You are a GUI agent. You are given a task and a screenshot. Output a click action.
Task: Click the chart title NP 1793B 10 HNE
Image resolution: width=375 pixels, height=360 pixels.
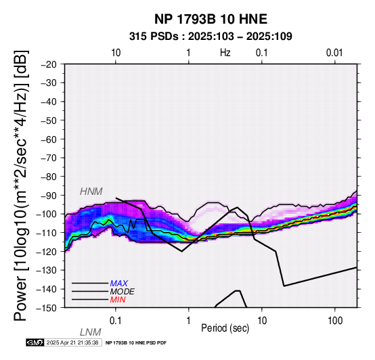click(211, 19)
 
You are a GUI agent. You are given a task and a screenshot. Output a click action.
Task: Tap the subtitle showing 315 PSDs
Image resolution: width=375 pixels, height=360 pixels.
click(211, 37)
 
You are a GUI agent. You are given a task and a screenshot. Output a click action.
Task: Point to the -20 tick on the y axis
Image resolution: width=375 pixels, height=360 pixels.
click(49, 64)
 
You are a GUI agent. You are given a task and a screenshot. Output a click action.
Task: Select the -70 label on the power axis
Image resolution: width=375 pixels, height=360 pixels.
click(49, 158)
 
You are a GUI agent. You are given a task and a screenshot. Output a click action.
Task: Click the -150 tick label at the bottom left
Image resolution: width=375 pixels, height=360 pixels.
click(47, 308)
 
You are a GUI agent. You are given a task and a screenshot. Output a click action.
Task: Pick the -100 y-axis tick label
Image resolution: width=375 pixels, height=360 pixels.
click(47, 214)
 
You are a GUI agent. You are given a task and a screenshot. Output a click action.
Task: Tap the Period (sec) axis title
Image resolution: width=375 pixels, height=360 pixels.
click(225, 328)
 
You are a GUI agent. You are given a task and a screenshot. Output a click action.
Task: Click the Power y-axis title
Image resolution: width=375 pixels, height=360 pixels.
click(21, 185)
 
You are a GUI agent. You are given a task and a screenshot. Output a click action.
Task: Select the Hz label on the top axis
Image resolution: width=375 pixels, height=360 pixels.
click(225, 52)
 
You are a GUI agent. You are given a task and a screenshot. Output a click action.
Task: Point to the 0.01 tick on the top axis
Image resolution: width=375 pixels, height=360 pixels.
click(334, 53)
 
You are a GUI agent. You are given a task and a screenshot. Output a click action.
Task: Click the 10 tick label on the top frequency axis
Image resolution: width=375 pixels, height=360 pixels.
click(116, 53)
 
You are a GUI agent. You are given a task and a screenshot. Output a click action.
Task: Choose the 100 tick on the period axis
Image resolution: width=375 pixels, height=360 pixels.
click(335, 321)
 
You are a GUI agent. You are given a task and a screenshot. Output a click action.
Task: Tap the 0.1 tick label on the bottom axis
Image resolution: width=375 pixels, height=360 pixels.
click(116, 321)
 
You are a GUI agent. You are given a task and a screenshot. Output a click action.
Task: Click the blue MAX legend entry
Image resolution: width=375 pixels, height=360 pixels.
click(119, 284)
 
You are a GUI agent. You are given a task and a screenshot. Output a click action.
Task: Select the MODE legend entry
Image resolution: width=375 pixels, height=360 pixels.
click(123, 292)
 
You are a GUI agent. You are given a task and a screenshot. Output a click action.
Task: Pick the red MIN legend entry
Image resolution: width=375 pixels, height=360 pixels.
click(118, 300)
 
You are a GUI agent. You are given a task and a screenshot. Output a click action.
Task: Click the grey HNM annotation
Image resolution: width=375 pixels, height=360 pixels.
click(91, 192)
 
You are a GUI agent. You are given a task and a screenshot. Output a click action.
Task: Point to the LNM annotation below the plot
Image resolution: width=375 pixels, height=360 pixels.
click(91, 332)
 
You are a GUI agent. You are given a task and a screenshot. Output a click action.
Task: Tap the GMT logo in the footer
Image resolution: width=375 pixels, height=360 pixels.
click(35, 342)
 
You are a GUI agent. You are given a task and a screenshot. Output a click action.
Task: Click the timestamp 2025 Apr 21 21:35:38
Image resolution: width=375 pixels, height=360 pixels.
click(72, 342)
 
